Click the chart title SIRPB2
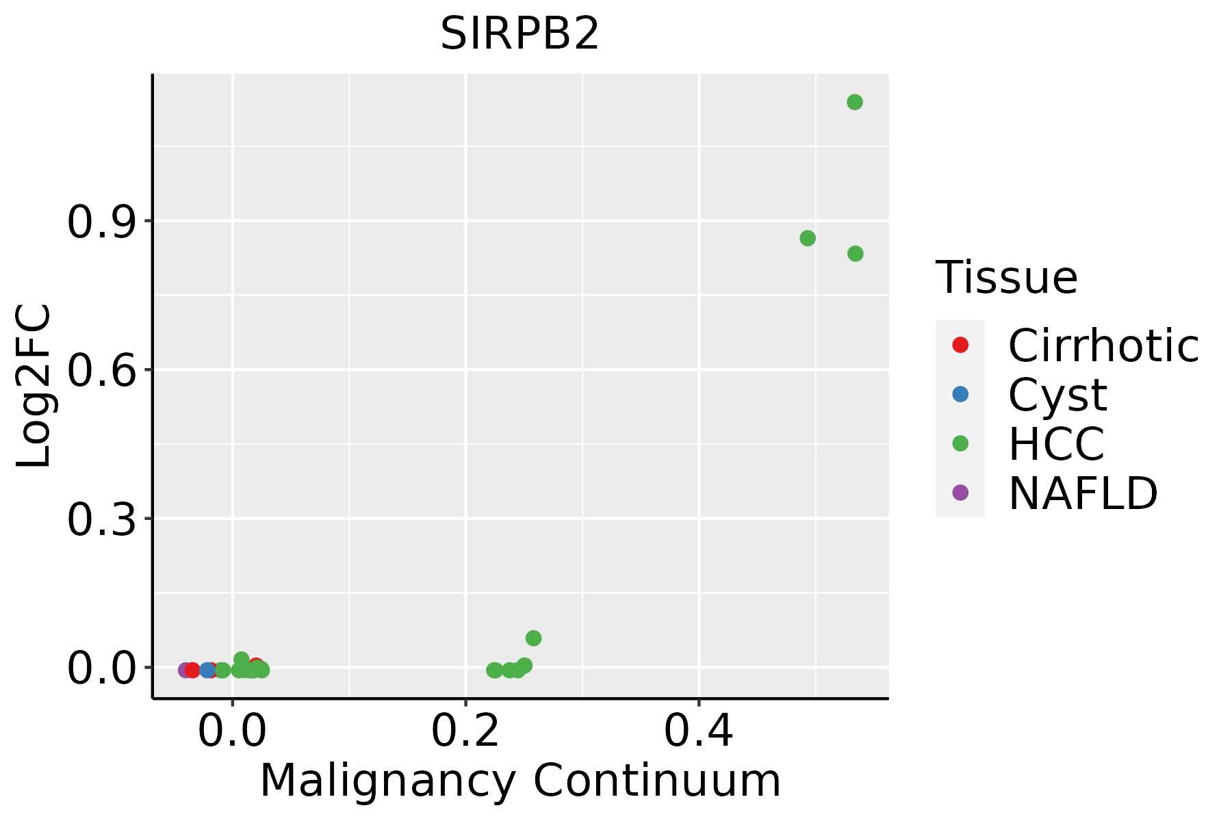[x=519, y=34]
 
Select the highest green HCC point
[x=854, y=102]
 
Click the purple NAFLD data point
[x=185, y=670]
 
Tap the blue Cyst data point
[x=207, y=670]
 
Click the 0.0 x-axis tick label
[x=232, y=731]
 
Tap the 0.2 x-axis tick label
[x=465, y=731]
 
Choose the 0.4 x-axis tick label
[x=699, y=731]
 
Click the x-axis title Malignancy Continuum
[x=520, y=781]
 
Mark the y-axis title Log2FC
[x=34, y=387]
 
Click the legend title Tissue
[x=1006, y=278]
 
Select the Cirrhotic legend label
[x=1103, y=346]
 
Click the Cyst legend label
[x=1057, y=395]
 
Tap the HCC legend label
[x=1056, y=443]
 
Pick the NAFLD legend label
[x=1083, y=493]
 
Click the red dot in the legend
[x=960, y=345]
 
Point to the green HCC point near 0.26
[x=533, y=638]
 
